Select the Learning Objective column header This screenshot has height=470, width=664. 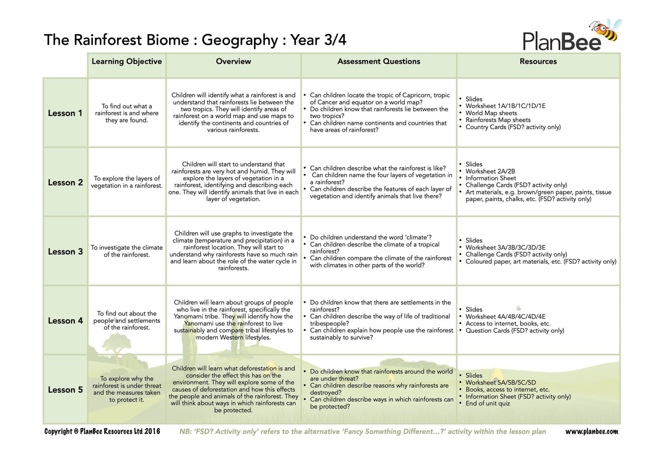(x=127, y=62)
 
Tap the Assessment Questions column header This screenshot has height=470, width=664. (x=378, y=62)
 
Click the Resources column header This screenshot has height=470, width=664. (x=538, y=62)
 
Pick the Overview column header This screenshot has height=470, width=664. (x=233, y=62)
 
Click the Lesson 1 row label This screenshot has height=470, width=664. (x=65, y=113)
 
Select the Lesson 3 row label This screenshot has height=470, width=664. (x=65, y=252)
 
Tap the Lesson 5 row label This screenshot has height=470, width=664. (x=65, y=390)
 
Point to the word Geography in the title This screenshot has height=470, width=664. (x=239, y=40)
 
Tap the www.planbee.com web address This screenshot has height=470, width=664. (x=591, y=431)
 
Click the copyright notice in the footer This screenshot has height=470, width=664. (x=102, y=431)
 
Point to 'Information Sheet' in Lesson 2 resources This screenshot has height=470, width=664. (x=490, y=178)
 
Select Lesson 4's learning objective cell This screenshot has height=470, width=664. (x=127, y=320)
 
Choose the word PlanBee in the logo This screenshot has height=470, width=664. (x=561, y=42)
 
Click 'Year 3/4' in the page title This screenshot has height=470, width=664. (x=318, y=40)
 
